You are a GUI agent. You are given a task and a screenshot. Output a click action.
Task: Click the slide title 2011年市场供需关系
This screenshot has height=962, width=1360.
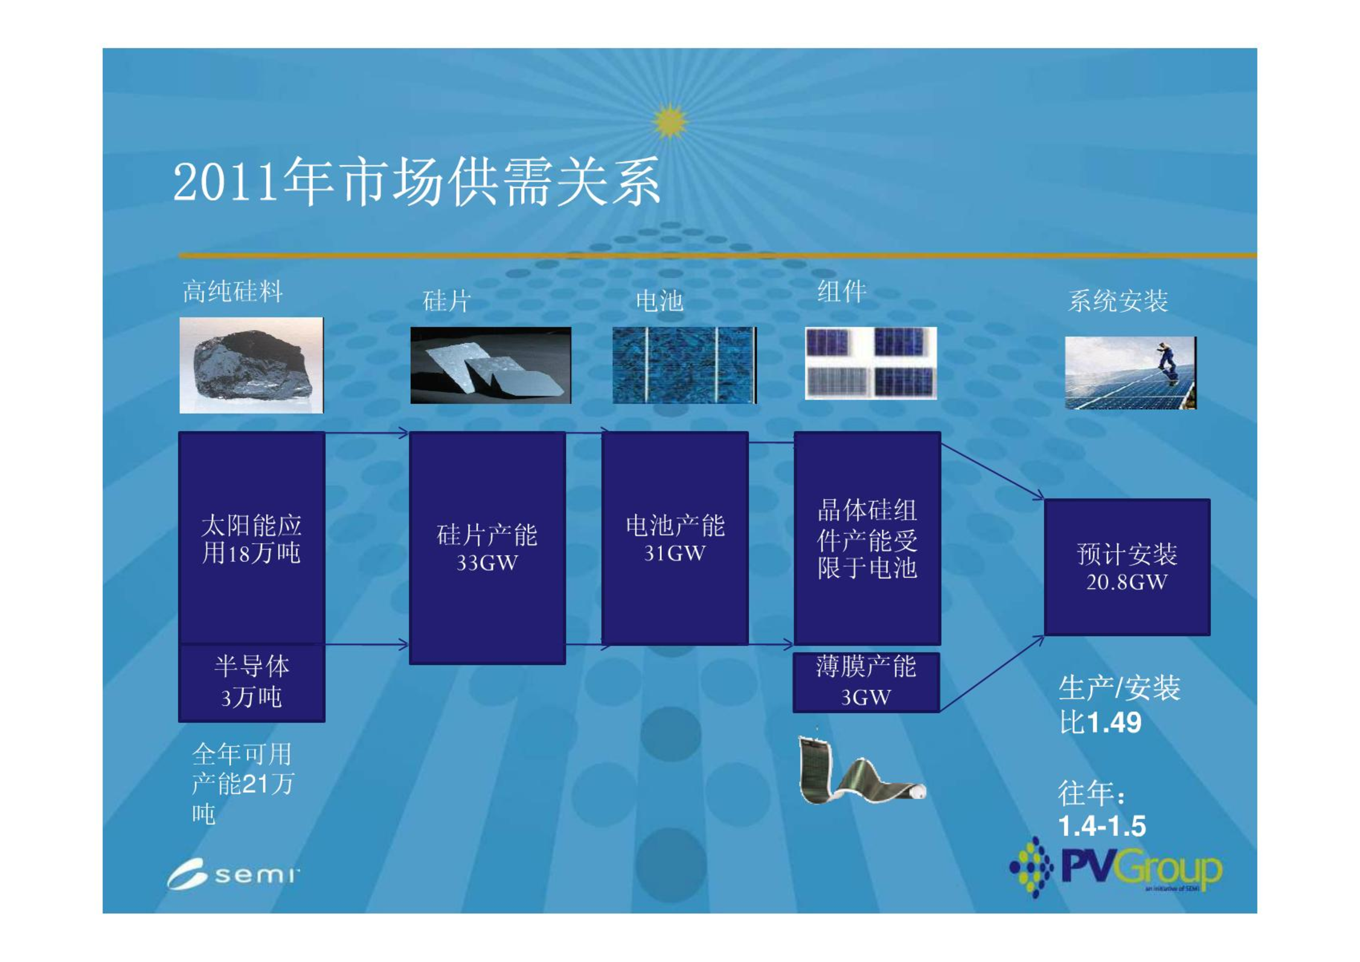coord(417,182)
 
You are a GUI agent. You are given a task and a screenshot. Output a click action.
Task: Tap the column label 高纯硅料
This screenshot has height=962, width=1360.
coord(233,291)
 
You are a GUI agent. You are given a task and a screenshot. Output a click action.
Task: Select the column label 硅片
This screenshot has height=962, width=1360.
coord(447,301)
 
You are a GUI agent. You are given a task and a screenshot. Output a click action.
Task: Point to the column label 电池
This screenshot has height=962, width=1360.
coord(659,301)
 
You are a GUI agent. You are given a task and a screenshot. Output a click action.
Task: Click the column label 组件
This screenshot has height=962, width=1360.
coord(842,291)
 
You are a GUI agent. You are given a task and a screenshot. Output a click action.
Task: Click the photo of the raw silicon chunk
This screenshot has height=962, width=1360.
coord(251,365)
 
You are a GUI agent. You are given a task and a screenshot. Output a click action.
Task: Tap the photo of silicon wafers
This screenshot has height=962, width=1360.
coord(490,365)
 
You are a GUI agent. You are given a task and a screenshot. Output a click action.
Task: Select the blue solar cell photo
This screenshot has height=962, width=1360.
coord(684,365)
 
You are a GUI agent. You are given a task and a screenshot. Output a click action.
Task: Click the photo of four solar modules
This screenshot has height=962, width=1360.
coord(871,363)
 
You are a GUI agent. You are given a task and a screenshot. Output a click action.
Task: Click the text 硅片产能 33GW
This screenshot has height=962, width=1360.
coord(487,548)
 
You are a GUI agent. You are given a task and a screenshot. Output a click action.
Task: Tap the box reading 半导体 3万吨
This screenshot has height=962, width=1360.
coord(252,683)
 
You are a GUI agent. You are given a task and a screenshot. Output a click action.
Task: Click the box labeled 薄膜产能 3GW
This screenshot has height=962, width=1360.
coord(866,682)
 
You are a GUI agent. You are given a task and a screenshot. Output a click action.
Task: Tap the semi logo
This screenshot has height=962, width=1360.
coord(233,874)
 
